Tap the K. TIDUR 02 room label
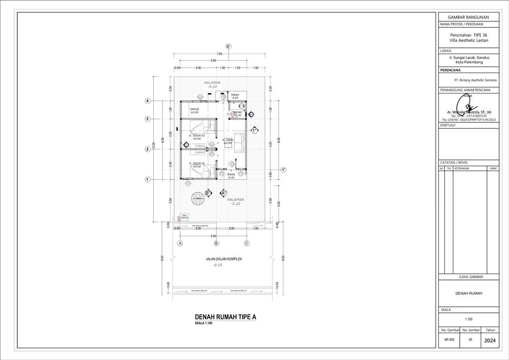coord(197,135)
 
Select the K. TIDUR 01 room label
coord(197,163)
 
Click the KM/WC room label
coord(238,113)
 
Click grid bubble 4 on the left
coord(148,101)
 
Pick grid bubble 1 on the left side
coord(148,180)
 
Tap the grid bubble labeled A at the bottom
coord(180,244)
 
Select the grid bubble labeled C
coord(247,244)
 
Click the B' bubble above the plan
coord(228,46)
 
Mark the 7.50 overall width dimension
coord(219,54)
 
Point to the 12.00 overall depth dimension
coord(154,144)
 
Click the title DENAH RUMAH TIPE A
coord(225,317)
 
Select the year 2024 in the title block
coord(489,341)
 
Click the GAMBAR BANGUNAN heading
coord(469,17)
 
